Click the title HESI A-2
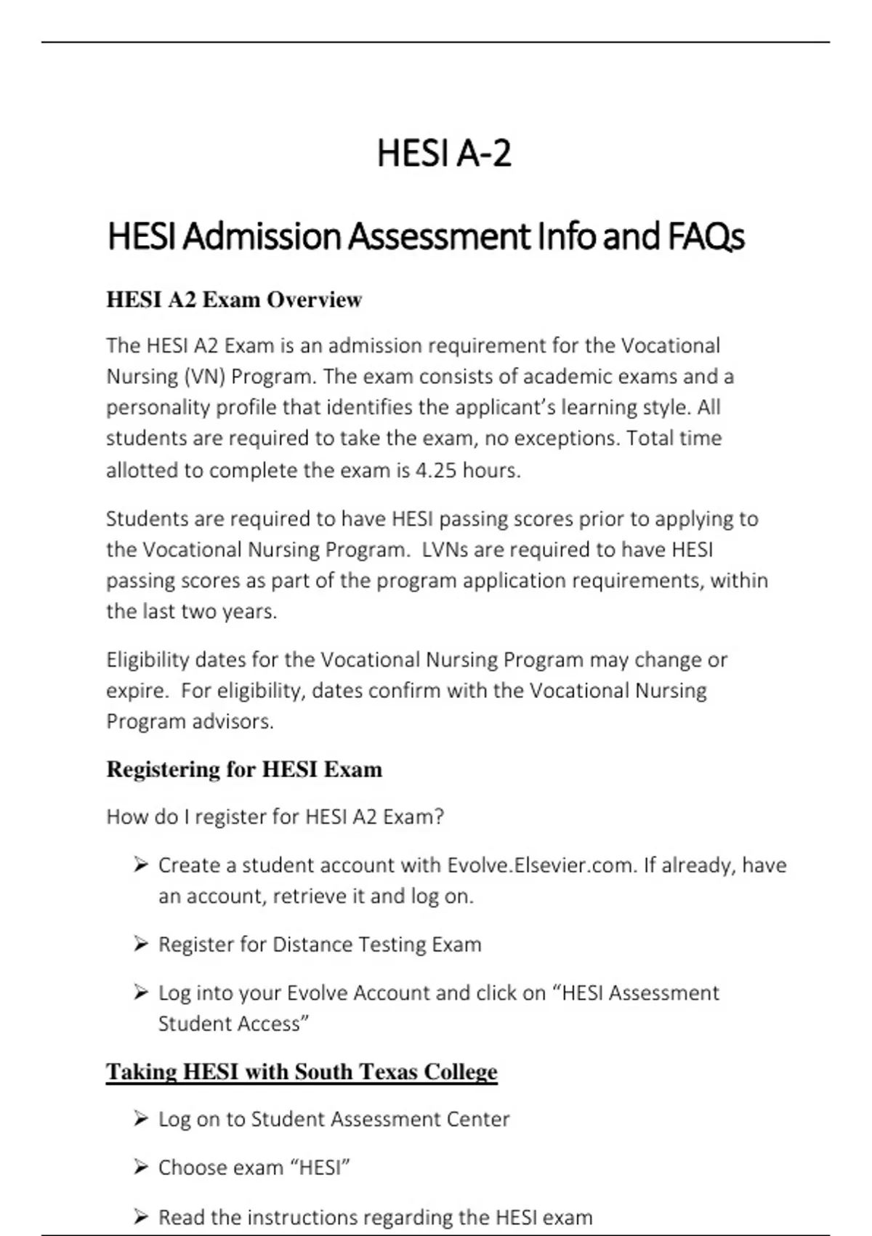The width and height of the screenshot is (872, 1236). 444,153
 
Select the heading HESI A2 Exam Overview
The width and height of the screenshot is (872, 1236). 234,300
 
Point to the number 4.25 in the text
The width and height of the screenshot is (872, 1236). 436,470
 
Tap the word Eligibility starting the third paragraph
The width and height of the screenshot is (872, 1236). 148,660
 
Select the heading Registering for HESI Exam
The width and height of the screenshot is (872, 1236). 244,769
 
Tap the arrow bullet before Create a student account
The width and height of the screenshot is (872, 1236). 141,864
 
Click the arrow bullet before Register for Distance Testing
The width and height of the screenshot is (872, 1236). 141,944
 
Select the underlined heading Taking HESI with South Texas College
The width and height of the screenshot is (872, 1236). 302,1072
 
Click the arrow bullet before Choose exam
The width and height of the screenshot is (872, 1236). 141,1167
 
